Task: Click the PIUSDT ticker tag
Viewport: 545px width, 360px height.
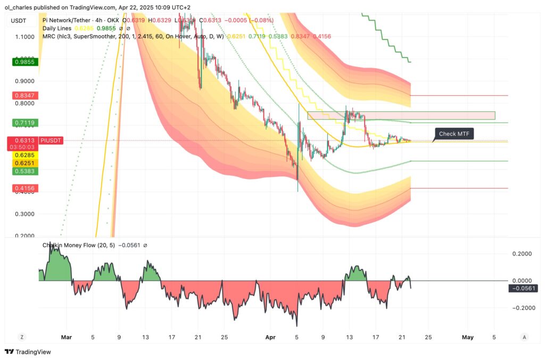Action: click(52, 141)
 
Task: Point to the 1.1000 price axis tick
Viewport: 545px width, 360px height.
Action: click(24, 37)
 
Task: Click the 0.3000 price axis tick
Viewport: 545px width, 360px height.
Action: click(24, 214)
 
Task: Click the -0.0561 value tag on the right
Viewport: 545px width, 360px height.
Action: click(523, 288)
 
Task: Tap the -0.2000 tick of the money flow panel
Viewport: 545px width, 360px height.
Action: click(522, 308)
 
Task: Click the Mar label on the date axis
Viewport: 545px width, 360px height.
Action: click(66, 337)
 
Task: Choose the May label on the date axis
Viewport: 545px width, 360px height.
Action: click(467, 337)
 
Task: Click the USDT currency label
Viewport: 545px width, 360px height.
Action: click(19, 20)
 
